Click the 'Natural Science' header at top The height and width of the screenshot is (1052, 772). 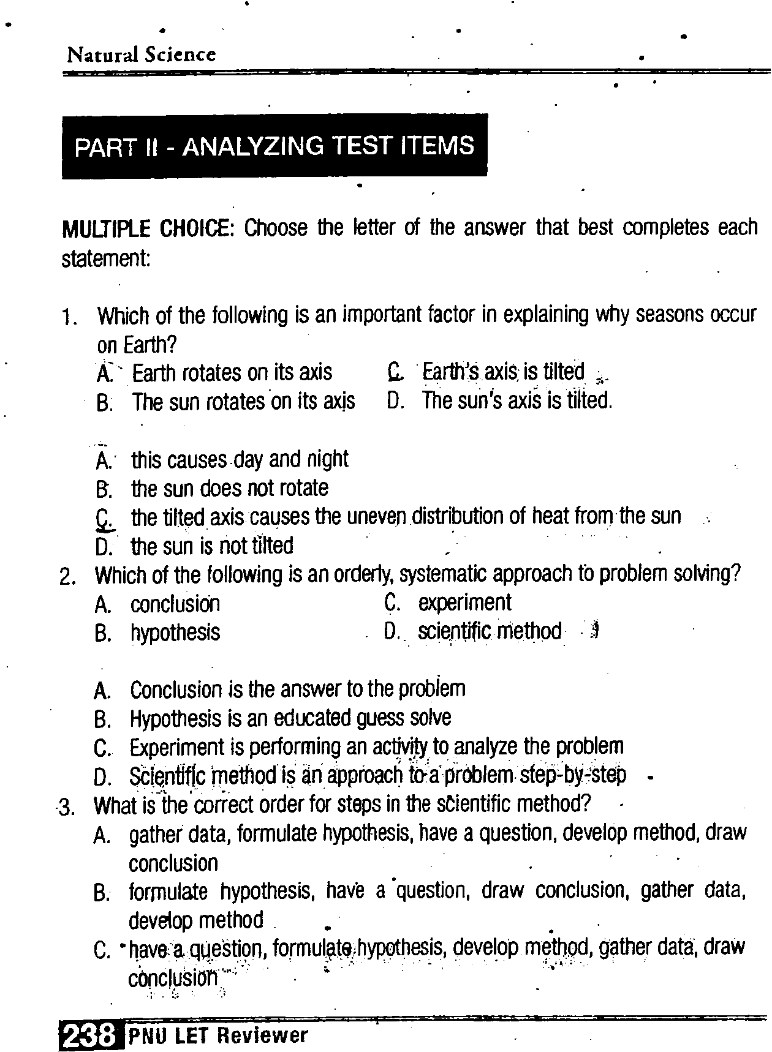(x=142, y=54)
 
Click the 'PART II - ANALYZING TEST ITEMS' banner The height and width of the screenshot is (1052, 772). (x=274, y=146)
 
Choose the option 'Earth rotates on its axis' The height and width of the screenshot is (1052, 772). (x=232, y=372)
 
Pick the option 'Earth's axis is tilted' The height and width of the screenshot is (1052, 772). (x=502, y=372)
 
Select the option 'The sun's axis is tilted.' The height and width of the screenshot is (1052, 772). (x=517, y=400)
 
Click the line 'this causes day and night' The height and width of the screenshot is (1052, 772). (x=239, y=459)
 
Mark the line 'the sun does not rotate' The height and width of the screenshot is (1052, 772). (x=229, y=488)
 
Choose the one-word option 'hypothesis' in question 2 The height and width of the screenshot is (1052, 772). (x=175, y=633)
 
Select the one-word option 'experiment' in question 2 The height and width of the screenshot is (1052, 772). (x=464, y=603)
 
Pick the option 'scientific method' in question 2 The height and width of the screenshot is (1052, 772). (x=489, y=631)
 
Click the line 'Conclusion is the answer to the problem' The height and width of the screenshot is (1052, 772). (x=297, y=689)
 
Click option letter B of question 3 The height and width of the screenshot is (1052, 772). (x=101, y=893)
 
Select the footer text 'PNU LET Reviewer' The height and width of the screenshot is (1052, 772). (x=218, y=1035)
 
